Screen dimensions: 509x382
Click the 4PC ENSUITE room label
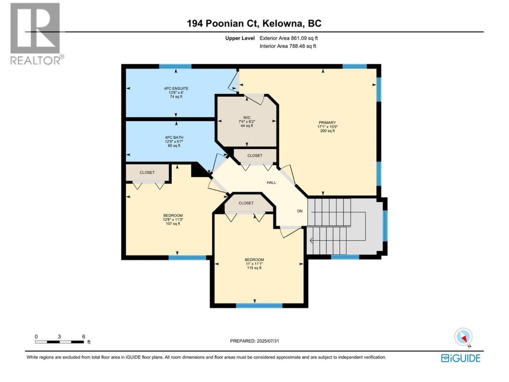[176, 88]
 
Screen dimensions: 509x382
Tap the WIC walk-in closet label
[247, 118]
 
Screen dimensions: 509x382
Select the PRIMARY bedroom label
[327, 123]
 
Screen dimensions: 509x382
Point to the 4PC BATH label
[174, 137]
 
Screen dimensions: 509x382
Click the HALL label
[271, 183]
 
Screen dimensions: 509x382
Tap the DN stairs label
[300, 211]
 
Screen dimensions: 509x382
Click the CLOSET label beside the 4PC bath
[254, 156]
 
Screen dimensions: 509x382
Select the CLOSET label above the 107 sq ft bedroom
[147, 172]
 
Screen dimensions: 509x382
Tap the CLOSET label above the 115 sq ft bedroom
[246, 203]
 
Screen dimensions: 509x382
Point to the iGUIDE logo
[460, 358]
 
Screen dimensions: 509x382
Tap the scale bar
[59, 342]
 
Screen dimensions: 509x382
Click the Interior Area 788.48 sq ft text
[288, 46]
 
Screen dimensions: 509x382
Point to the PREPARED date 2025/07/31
[254, 341]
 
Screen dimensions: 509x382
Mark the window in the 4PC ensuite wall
[175, 66]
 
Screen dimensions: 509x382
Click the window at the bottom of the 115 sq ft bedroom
[259, 306]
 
